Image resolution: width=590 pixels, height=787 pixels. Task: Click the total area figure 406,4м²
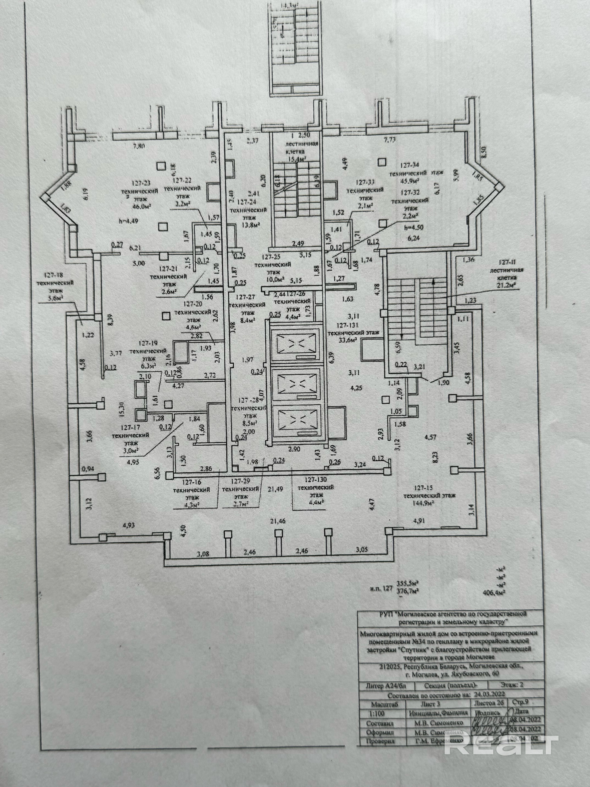pyautogui.click(x=492, y=592)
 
